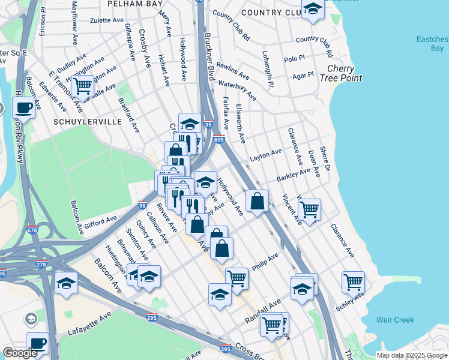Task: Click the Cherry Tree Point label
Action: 340,74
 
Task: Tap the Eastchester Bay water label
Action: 432,45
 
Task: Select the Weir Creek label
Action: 396,320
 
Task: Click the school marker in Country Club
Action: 312,10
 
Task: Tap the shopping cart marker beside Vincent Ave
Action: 309,209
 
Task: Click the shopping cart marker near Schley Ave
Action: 353,281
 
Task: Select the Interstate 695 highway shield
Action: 218,140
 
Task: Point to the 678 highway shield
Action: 30,229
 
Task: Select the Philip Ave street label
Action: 265,261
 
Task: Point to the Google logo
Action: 20,353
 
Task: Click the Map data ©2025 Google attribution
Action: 411,355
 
